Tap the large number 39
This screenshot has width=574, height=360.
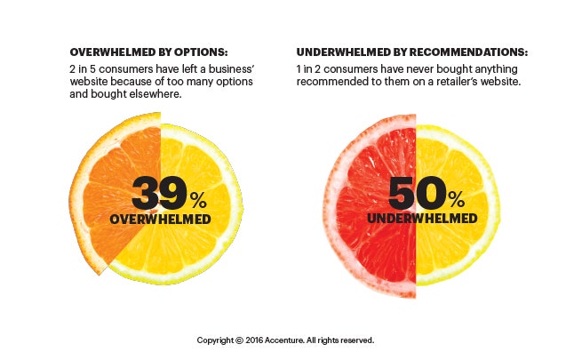(x=159, y=193)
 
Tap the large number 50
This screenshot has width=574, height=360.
(x=416, y=193)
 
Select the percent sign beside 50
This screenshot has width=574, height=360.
(x=455, y=196)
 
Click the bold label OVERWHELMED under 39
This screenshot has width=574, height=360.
(x=161, y=219)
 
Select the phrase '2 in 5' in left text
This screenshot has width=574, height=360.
(x=82, y=69)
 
